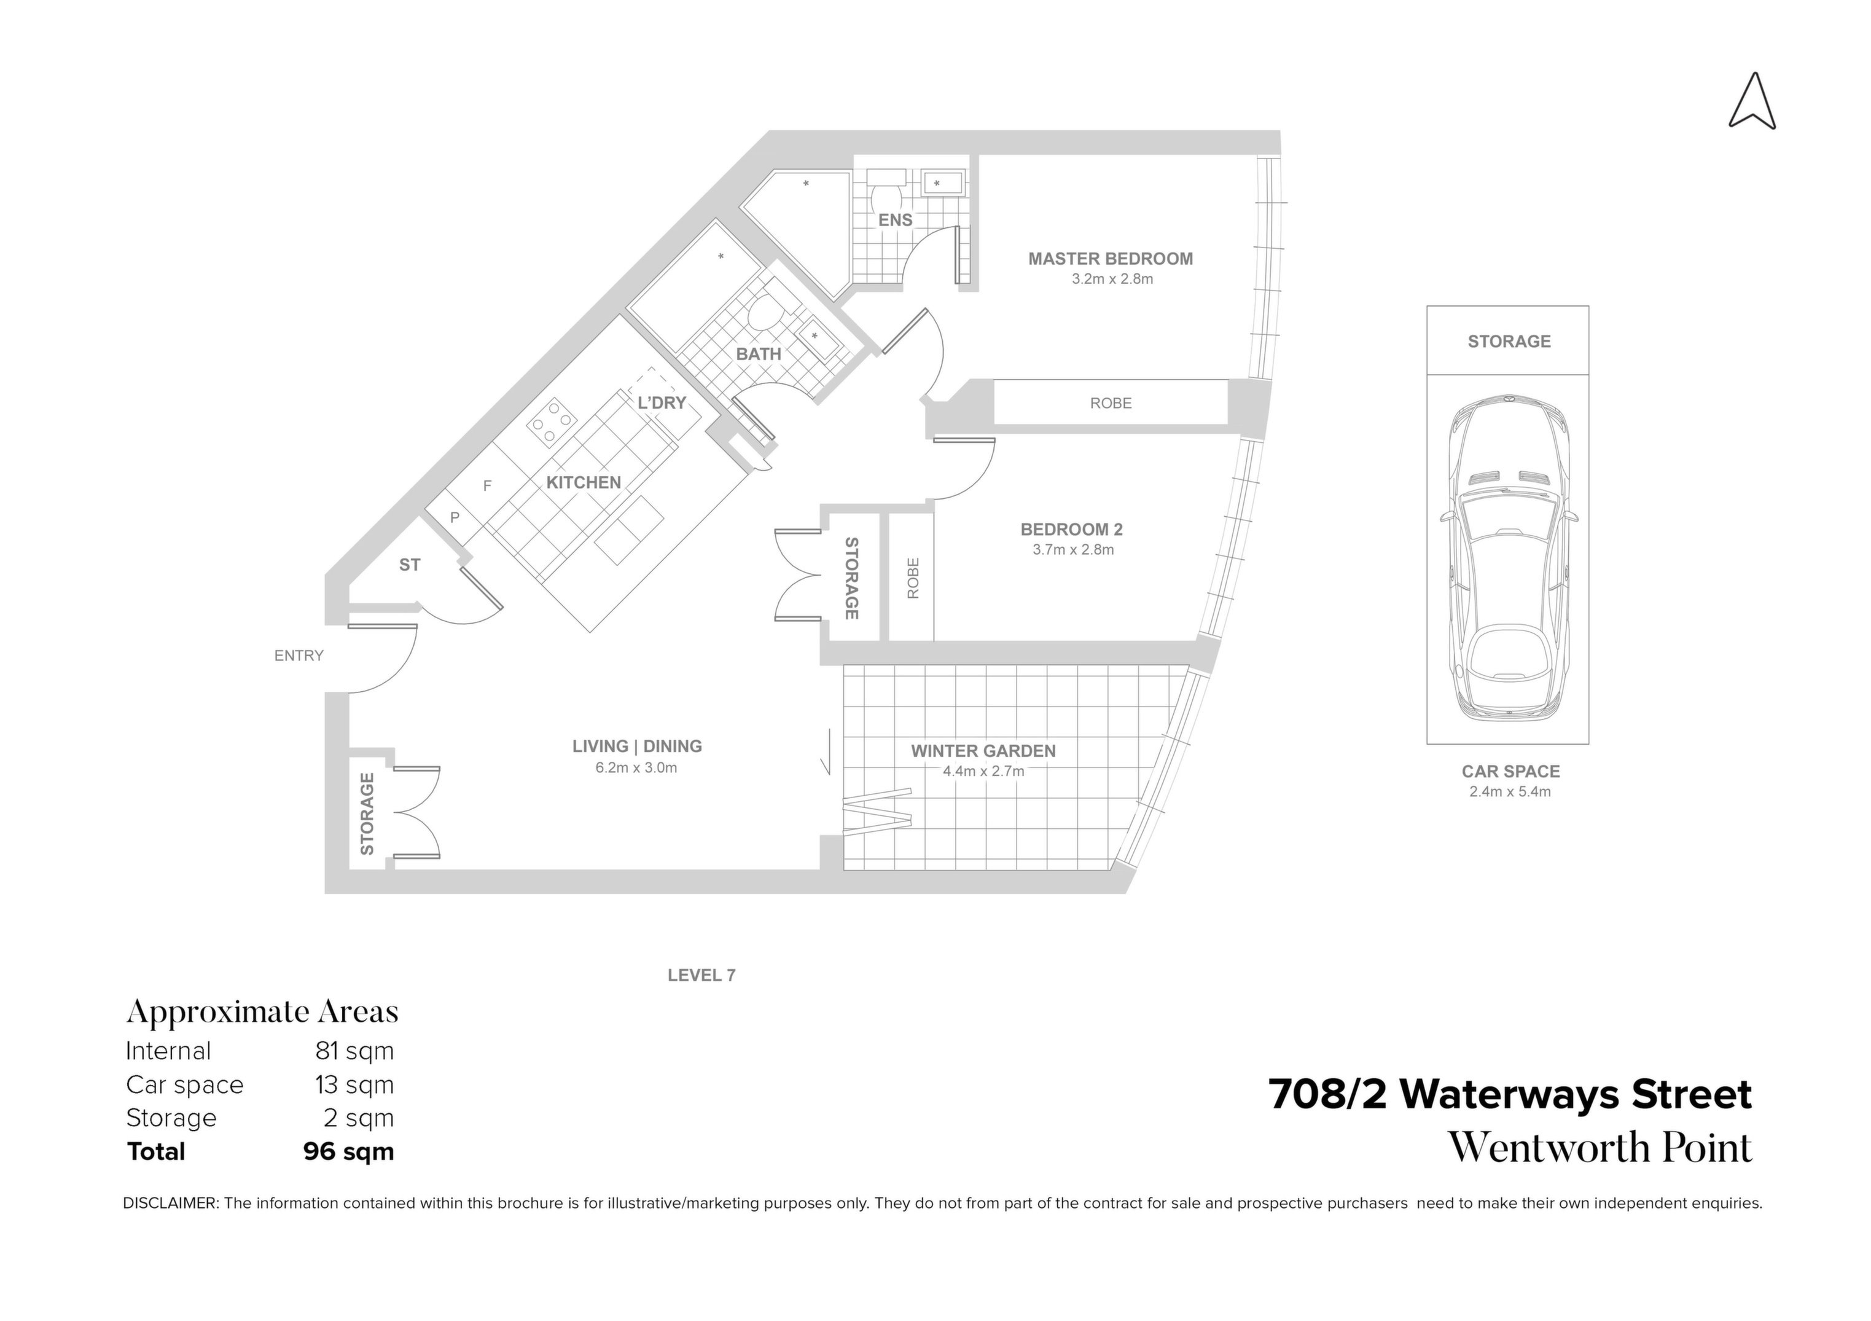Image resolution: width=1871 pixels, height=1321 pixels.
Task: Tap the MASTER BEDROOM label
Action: point(1110,259)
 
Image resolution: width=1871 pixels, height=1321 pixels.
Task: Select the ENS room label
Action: point(895,220)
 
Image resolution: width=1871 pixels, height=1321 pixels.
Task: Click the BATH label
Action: point(758,355)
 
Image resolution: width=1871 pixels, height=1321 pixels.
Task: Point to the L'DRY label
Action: point(661,402)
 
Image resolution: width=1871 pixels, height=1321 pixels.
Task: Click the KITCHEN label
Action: point(584,482)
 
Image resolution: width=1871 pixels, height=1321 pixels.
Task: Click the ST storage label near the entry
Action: point(409,565)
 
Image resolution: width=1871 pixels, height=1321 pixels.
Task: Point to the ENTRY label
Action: point(299,655)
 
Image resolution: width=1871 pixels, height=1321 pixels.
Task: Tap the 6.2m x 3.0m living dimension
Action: point(636,767)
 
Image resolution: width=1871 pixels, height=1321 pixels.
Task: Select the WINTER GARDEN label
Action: point(983,751)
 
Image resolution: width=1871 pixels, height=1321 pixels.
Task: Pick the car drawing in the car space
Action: point(1509,559)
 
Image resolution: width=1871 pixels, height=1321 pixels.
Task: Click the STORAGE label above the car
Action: point(1509,342)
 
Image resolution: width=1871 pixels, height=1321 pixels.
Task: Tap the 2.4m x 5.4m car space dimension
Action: point(1509,792)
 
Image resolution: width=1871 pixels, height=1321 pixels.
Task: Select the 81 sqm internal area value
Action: point(354,1051)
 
